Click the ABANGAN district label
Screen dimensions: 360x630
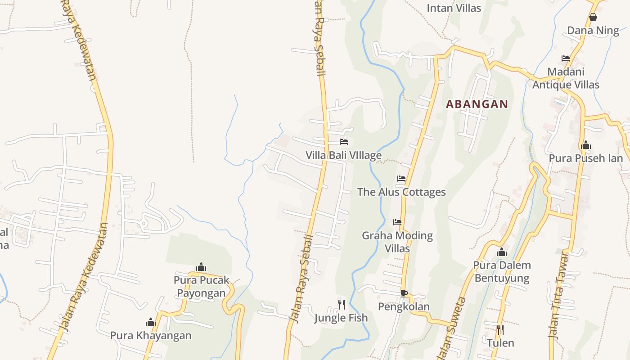[477, 104]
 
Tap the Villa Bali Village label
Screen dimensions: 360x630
[343, 155]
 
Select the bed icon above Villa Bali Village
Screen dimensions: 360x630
[344, 142]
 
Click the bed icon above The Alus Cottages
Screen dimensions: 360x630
[401, 179]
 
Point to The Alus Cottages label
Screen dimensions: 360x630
[401, 192]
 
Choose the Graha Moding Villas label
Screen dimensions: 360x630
[397, 242]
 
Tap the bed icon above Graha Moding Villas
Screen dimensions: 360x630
[397, 222]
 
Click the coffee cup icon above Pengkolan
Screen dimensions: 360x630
[404, 293]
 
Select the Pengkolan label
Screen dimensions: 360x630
[404, 306]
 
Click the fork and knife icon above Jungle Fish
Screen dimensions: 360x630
[341, 305]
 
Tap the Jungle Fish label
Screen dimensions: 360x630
[341, 318]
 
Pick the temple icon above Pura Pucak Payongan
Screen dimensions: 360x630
[201, 267]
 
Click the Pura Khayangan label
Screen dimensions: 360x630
[151, 335]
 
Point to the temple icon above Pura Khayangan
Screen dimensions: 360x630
[151, 322]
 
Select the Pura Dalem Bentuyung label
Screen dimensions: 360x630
[502, 271]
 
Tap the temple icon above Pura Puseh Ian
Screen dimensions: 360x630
[585, 145]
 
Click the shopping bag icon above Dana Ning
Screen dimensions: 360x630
[593, 18]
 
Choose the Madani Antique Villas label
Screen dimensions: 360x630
[566, 78]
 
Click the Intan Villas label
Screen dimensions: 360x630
[454, 8]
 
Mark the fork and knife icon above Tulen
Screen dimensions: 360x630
[500, 330]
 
